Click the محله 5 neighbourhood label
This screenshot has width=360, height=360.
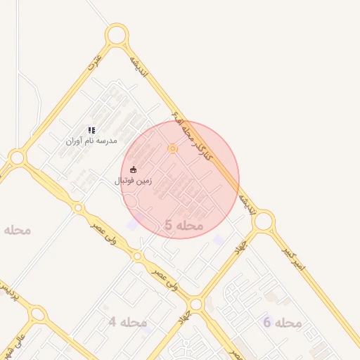(x=184, y=225)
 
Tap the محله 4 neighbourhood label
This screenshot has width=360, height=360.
(x=127, y=322)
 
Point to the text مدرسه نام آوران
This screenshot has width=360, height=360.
(x=91, y=141)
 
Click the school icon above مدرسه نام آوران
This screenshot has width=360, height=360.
(x=91, y=130)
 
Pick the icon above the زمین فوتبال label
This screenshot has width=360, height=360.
(x=134, y=169)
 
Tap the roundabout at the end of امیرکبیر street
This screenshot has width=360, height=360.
(x=264, y=221)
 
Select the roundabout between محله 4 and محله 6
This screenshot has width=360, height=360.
(x=196, y=304)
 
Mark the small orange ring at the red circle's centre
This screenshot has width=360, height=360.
(x=172, y=148)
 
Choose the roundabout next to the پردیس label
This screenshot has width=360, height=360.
(x=37, y=314)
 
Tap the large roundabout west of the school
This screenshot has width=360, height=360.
(x=17, y=159)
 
